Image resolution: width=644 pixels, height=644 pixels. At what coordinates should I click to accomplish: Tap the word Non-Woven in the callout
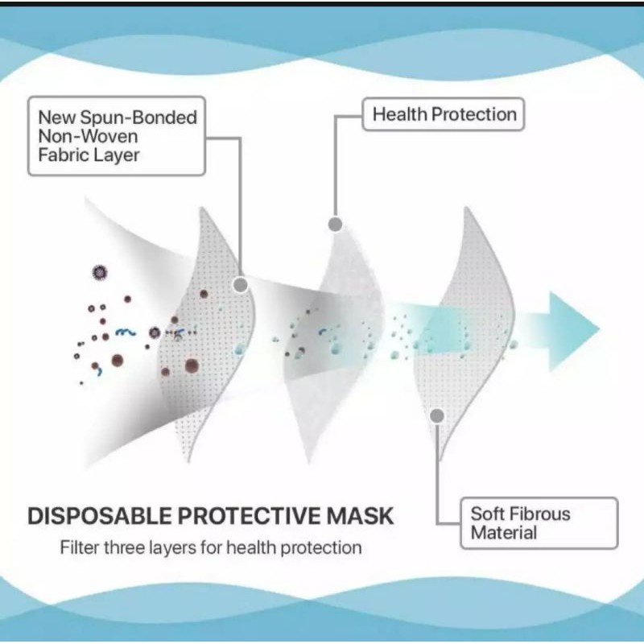point(88,136)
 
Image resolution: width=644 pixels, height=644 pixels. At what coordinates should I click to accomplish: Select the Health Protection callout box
point(444,114)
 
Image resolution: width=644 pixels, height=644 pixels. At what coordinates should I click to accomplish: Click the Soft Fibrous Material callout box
point(539,523)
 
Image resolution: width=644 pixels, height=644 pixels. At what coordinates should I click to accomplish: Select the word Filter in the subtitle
point(79,548)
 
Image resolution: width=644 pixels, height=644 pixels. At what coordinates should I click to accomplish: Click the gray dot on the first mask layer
point(239,284)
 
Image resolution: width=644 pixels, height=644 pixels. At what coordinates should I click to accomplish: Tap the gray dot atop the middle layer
point(336,224)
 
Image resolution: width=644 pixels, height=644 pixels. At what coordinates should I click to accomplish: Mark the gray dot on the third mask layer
point(437,416)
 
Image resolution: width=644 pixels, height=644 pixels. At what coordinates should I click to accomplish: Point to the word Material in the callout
point(504,533)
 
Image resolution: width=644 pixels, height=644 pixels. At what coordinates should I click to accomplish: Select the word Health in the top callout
point(398,114)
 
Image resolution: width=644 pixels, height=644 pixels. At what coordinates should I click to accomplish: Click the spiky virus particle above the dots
point(100,272)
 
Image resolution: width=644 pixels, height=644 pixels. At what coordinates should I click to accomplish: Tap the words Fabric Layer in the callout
point(89,155)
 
